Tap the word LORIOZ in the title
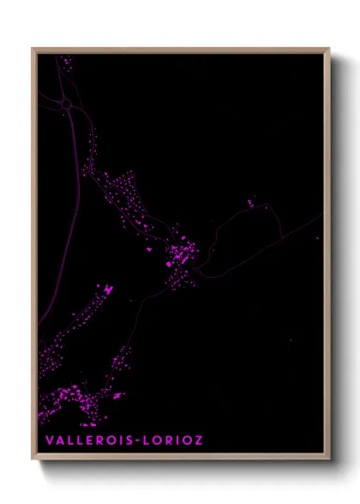pos(176,441)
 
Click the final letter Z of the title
pos(200,441)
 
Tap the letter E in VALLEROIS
pos(90,441)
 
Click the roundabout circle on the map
pos(65,105)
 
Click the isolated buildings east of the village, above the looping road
pos(251,203)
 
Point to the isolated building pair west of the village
pos(108,289)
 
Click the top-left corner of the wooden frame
pos(33,48)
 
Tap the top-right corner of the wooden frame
pos(329,48)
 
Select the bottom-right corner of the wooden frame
pos(329,460)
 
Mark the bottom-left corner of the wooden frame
pos(33,460)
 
